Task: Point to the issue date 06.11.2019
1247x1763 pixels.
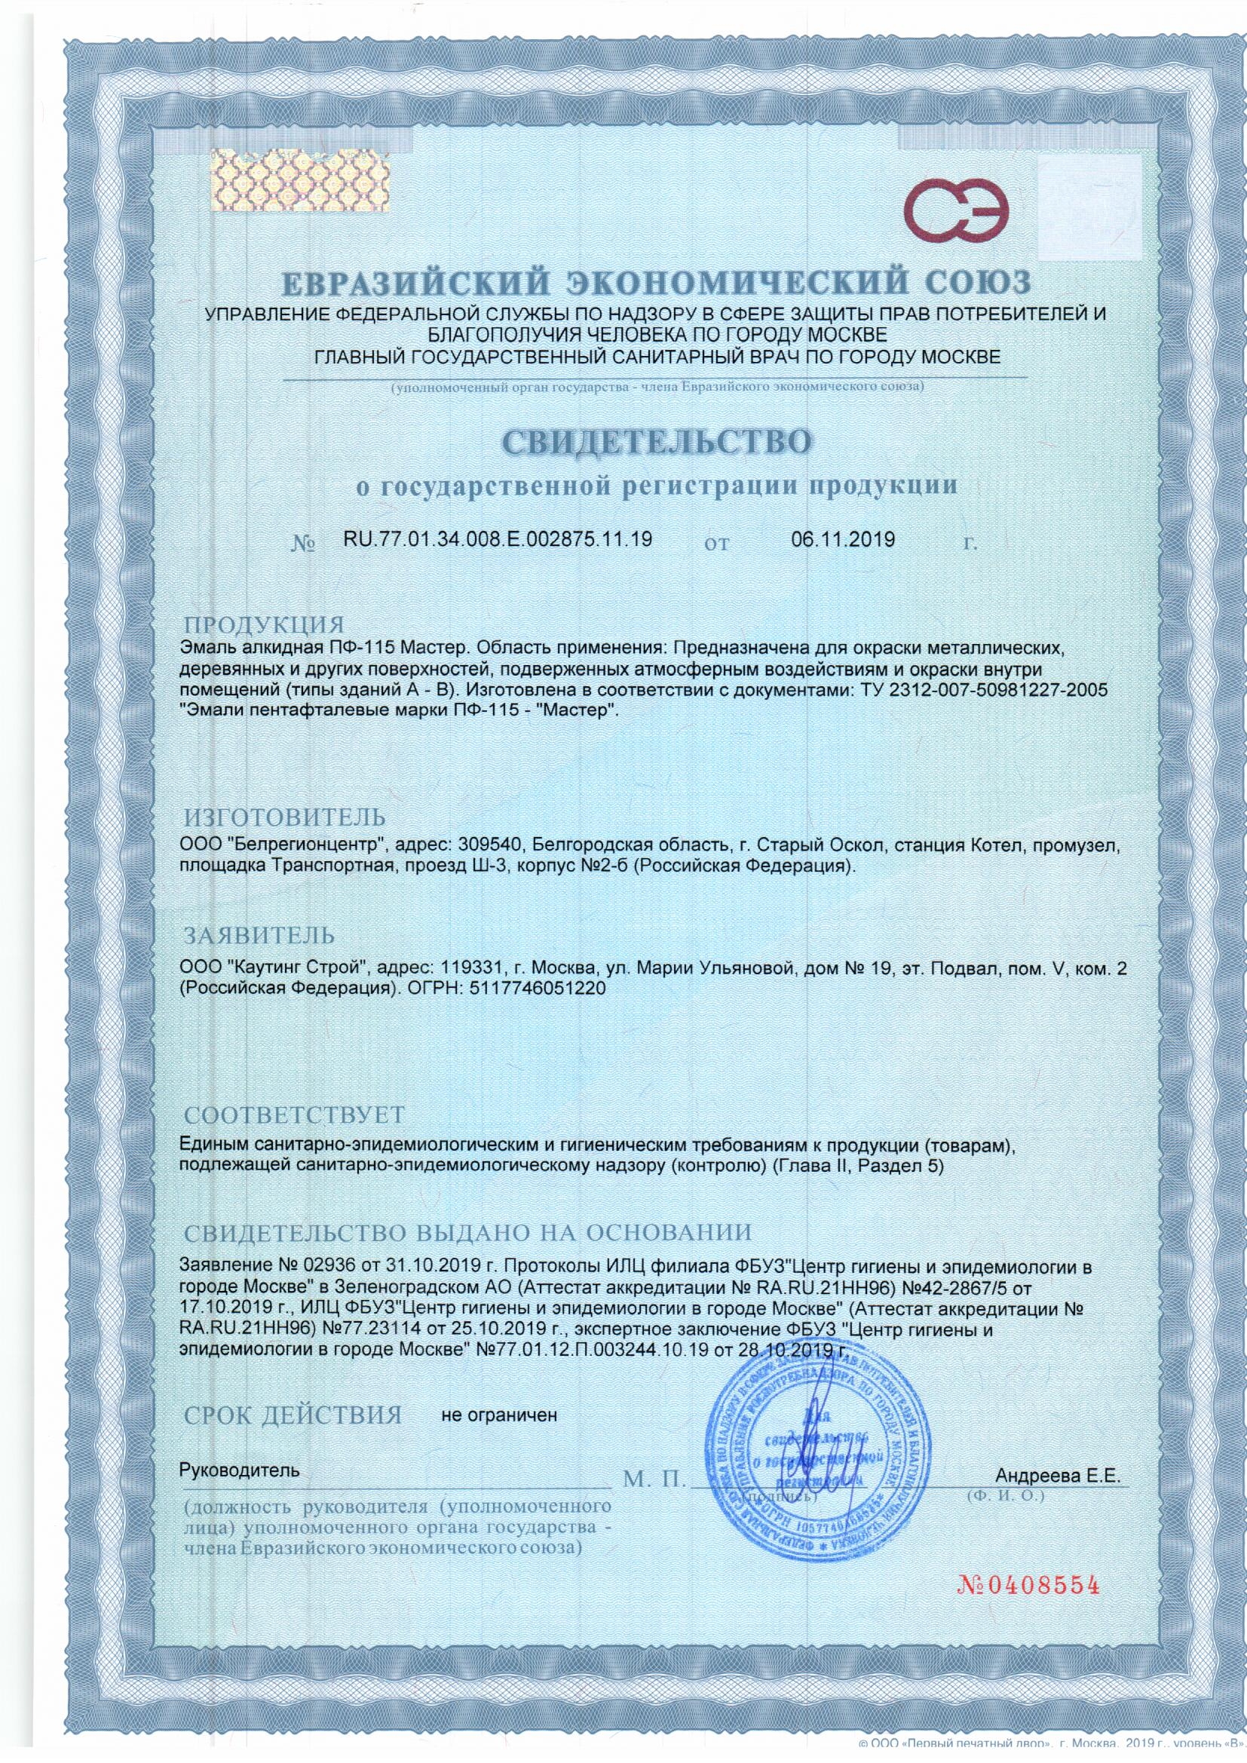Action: click(x=842, y=539)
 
